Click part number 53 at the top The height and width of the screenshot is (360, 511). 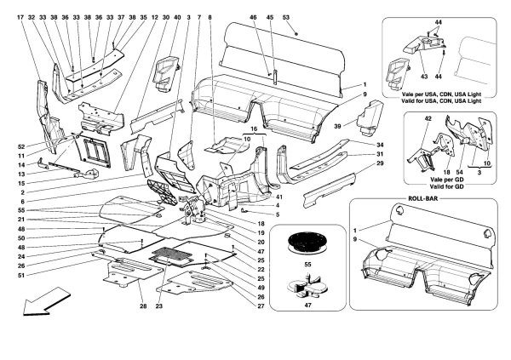click(285, 16)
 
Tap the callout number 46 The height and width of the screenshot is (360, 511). click(253, 16)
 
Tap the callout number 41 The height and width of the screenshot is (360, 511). click(278, 198)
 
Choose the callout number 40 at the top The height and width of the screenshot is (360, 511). click(177, 16)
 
